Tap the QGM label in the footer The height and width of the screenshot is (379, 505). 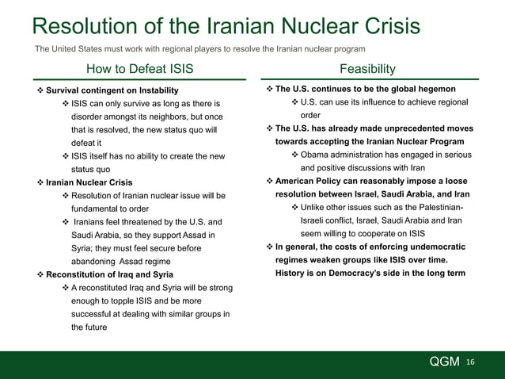tap(445, 362)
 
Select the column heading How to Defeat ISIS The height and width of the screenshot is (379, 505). tap(139, 69)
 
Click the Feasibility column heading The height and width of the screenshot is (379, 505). tap(367, 69)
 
